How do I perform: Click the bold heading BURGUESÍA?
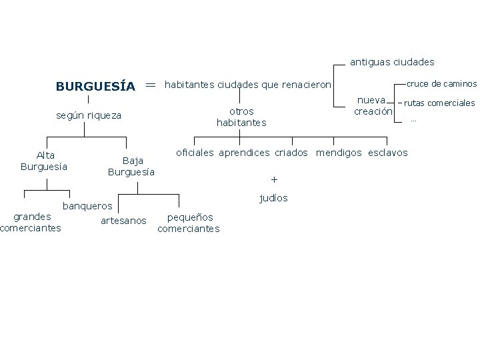(95, 87)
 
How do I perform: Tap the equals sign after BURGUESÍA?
(150, 85)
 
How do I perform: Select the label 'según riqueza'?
(89, 115)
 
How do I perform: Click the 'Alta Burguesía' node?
(45, 161)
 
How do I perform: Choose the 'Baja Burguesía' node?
(131, 166)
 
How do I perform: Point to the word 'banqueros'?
(87, 206)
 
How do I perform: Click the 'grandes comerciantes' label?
(31, 222)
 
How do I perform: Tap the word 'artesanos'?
(123, 221)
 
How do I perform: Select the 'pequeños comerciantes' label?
(189, 223)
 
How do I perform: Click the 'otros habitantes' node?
(241, 117)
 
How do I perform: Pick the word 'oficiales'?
(195, 153)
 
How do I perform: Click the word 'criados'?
(291, 153)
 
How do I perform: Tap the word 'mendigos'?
(338, 153)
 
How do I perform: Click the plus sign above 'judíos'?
(273, 180)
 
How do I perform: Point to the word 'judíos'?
(273, 198)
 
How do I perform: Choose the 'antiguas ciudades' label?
(392, 62)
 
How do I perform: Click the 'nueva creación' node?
(373, 105)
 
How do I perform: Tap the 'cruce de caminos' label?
(442, 84)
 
